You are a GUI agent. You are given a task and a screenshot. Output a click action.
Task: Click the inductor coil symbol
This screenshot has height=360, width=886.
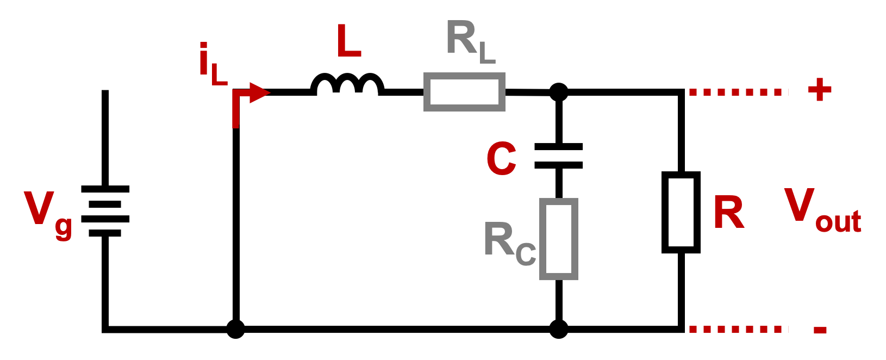[347, 85]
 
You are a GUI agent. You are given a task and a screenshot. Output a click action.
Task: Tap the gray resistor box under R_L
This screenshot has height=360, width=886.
[464, 92]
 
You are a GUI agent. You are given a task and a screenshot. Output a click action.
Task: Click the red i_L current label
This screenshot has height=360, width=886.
[212, 64]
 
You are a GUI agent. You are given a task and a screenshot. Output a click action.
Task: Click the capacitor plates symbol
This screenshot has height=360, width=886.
[558, 156]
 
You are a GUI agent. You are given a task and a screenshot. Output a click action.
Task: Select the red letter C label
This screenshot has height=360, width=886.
[501, 159]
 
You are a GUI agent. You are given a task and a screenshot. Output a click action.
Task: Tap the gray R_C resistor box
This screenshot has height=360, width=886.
[558, 239]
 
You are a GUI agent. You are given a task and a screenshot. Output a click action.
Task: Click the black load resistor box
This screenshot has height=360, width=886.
[681, 212]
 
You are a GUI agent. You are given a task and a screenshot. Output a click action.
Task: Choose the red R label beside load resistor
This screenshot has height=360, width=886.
[728, 213]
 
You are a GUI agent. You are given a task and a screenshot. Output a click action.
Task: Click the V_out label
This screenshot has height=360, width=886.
[821, 209]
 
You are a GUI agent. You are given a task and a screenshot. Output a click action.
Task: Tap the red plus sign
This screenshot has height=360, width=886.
[819, 90]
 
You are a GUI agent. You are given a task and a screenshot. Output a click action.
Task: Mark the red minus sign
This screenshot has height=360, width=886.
[820, 330]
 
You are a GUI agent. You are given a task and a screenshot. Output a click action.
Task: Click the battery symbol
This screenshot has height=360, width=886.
[105, 211]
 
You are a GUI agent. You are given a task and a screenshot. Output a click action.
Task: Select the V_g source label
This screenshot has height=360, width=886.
[47, 213]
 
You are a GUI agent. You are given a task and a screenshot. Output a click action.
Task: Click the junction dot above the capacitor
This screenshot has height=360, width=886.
[558, 92]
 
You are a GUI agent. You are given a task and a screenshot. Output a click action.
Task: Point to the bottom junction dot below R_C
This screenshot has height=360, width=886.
[558, 329]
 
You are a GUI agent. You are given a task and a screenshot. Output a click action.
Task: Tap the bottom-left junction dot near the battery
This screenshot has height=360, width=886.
[235, 329]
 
